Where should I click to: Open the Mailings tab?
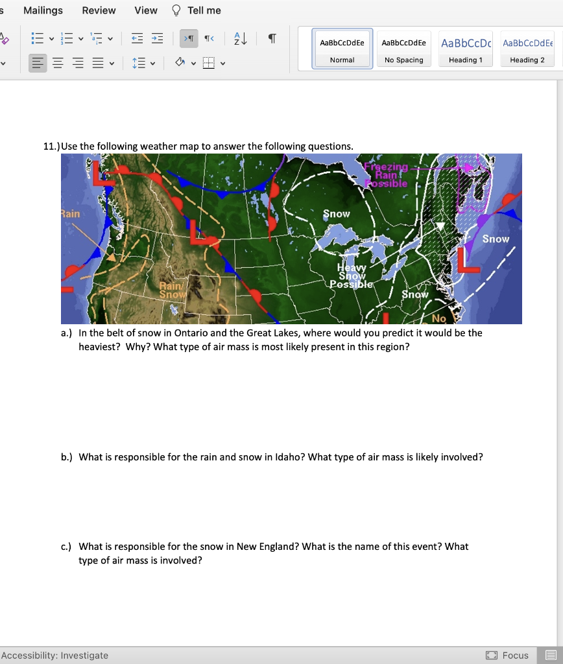pyautogui.click(x=43, y=10)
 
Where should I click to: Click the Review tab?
pyautogui.click(x=99, y=10)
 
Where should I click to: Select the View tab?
pyautogui.click(x=146, y=10)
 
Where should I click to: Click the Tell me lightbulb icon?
pyautogui.click(x=176, y=10)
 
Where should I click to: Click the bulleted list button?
pyautogui.click(x=37, y=40)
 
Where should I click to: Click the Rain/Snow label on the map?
pyautogui.click(x=172, y=290)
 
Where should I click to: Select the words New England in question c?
pyautogui.click(x=265, y=547)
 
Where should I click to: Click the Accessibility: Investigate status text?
pyautogui.click(x=54, y=656)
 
